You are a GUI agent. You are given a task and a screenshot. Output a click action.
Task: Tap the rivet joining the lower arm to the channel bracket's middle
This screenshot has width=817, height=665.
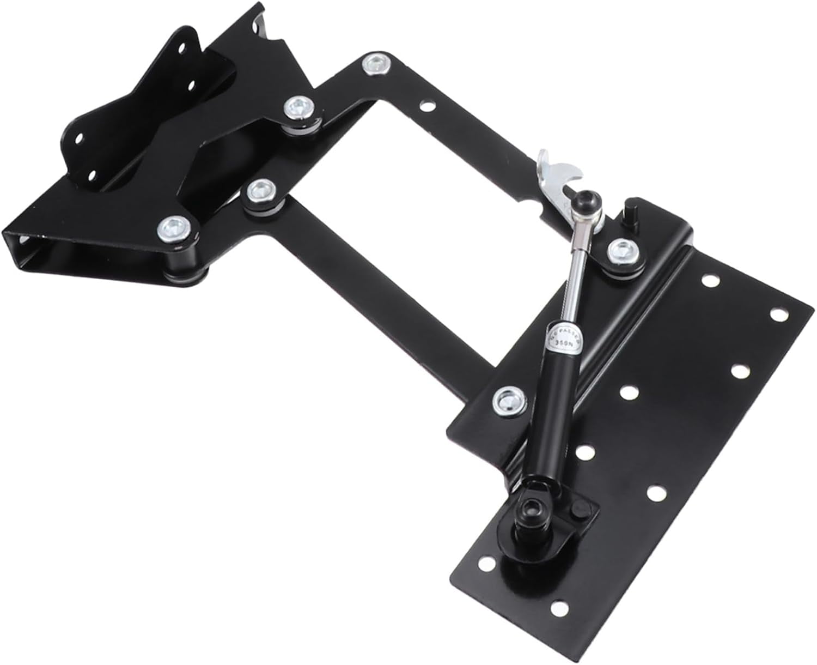(260, 191)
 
